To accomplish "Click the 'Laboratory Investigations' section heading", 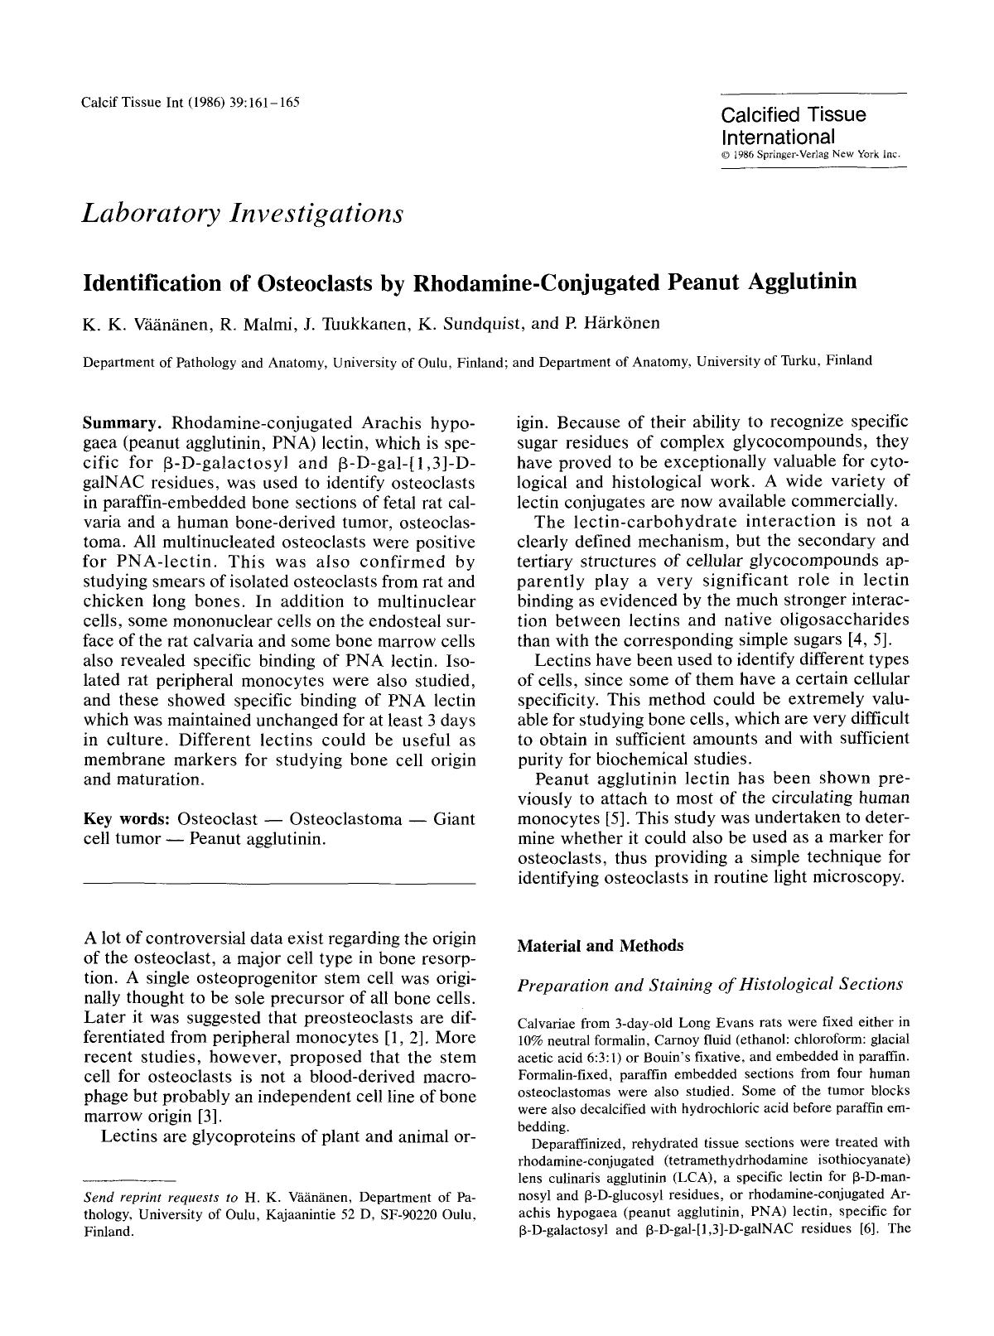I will point(243,214).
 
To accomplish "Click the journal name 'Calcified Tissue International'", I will point(793,125).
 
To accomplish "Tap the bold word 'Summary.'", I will point(125,422).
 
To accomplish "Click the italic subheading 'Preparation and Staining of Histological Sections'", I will point(709,985).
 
